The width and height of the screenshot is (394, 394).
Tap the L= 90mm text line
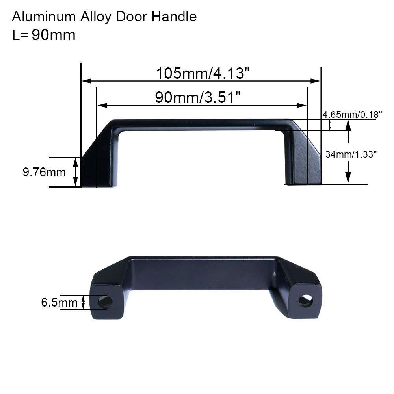click(x=44, y=35)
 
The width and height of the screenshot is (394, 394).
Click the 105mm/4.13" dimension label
click(x=203, y=74)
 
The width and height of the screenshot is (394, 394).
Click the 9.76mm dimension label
click(x=44, y=172)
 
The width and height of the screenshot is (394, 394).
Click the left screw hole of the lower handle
click(x=105, y=302)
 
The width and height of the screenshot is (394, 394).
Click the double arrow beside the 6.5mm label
click(x=83, y=303)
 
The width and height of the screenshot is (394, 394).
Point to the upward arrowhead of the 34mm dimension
click(x=348, y=125)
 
